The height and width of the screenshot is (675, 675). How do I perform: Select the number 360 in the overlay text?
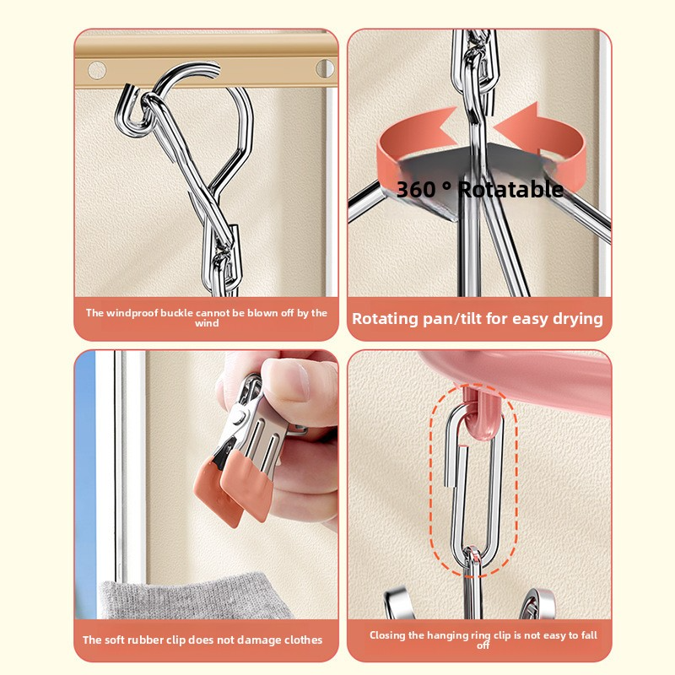416,189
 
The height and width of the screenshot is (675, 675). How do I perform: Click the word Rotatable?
510,189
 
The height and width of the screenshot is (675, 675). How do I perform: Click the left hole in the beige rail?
97,70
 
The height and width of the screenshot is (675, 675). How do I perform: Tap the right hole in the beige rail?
325,69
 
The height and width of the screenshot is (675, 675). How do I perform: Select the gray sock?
194,597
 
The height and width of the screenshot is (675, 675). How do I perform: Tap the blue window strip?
85,484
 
